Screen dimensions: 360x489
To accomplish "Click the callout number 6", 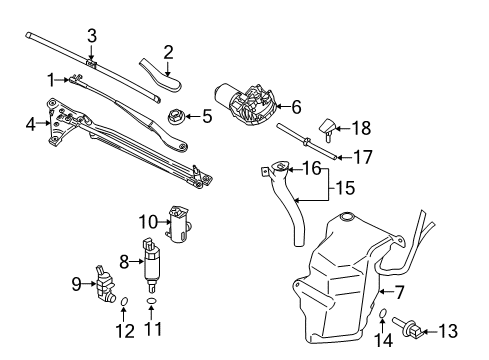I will (296, 107).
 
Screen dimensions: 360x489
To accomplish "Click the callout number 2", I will (168, 50).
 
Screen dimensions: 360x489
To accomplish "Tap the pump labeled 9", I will (106, 284).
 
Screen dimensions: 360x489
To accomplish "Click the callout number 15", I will (343, 187).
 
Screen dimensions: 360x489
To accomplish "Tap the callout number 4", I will (30, 124).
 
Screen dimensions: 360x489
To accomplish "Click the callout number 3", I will (91, 35).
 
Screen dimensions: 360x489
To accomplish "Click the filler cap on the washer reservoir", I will (346, 217).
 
